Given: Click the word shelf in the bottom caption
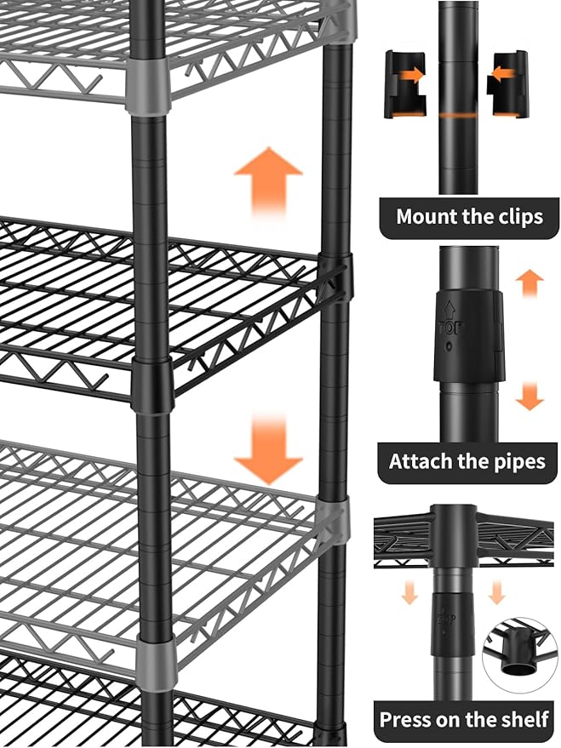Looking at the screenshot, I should (522, 719).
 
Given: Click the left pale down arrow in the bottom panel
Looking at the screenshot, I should (409, 592).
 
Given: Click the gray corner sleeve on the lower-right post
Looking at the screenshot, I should (335, 521).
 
